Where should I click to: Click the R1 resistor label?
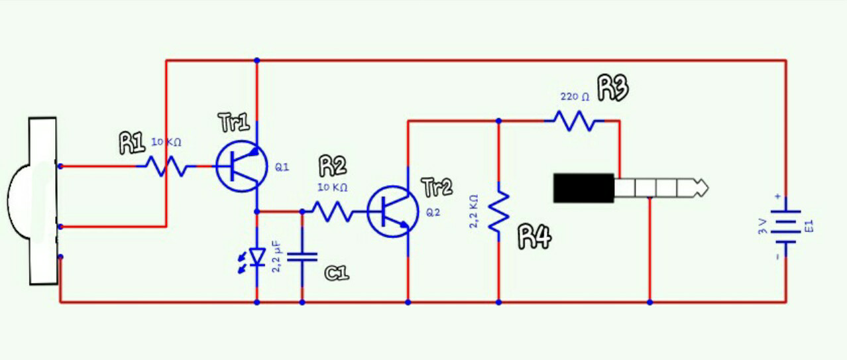[131, 143]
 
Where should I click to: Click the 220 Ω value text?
[575, 97]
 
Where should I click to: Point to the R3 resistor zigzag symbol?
[574, 121]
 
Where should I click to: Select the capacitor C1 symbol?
[302, 257]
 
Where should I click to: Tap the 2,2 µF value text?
[278, 257]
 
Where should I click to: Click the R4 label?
[534, 236]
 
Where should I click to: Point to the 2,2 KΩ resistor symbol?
[498, 211]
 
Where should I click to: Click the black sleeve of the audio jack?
[583, 188]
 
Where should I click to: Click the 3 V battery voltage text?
[763, 226]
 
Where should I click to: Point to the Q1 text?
[282, 168]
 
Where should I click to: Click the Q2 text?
[433, 213]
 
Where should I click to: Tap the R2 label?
[332, 166]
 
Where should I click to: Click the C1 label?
[337, 272]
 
